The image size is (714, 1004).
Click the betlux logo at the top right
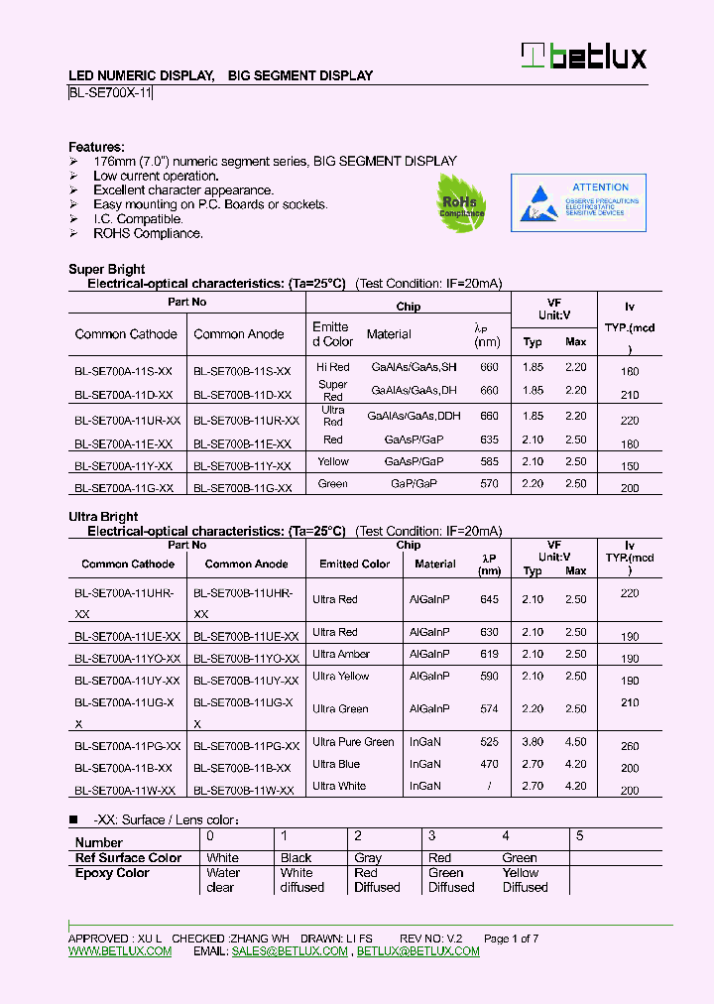[585, 56]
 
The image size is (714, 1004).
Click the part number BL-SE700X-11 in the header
[110, 93]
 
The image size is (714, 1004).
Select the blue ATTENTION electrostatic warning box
[578, 202]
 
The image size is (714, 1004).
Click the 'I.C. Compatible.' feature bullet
[138, 219]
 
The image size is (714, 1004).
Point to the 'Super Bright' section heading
[106, 269]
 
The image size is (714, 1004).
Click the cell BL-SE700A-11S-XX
[123, 370]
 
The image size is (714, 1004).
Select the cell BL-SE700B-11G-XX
[242, 487]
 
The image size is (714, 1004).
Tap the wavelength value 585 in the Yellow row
[488, 461]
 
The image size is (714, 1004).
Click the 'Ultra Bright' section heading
[103, 517]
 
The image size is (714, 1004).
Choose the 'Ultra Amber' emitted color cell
[341, 654]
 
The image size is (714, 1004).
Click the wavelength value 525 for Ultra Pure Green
[488, 742]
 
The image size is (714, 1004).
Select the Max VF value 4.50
[576, 742]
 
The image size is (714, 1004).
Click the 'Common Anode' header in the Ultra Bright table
[246, 564]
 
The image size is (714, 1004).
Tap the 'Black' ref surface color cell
[296, 858]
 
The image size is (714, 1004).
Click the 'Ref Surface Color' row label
[128, 858]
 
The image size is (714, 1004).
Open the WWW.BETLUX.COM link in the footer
[120, 951]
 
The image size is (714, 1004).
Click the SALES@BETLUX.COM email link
[290, 951]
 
